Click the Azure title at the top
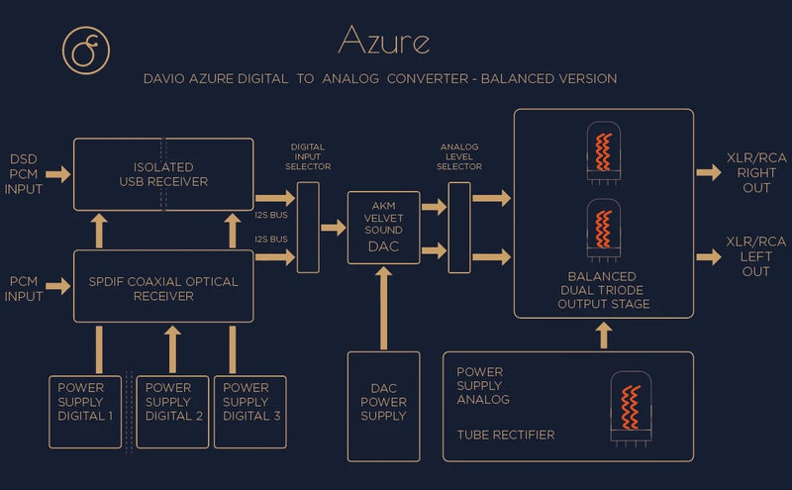[x=383, y=40]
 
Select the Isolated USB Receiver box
[x=163, y=174]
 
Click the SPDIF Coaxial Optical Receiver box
[x=163, y=287]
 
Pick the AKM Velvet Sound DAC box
[x=383, y=229]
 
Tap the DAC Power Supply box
[x=383, y=403]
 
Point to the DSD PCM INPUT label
[x=25, y=174]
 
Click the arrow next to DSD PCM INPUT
[x=58, y=174]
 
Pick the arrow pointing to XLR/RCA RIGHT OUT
[x=709, y=173]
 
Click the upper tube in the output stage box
[x=603, y=155]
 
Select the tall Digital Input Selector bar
[x=308, y=228]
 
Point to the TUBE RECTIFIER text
[x=505, y=435]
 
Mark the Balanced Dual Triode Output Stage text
[x=603, y=290]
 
